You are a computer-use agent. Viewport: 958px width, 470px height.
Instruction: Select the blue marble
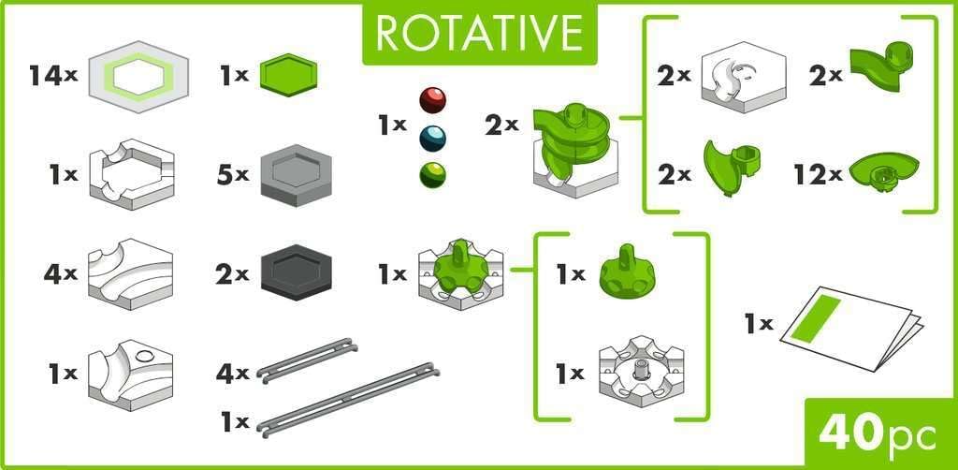click(432, 139)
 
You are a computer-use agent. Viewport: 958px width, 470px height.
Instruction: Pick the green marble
click(432, 174)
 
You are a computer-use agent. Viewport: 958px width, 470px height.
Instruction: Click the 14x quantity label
click(51, 77)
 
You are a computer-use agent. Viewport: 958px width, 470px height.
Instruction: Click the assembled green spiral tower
click(571, 145)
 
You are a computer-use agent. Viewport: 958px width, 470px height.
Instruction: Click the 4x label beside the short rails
click(231, 374)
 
